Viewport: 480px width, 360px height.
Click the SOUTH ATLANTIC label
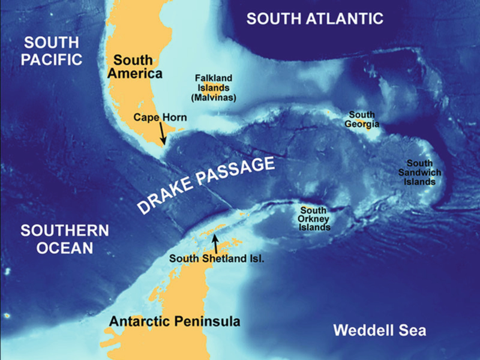click(315, 19)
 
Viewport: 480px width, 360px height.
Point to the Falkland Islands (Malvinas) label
click(214, 88)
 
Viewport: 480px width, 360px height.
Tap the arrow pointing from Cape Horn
click(162, 133)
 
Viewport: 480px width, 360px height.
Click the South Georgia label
click(362, 119)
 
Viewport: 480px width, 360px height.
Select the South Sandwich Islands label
click(424, 172)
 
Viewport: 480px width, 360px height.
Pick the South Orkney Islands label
click(315, 219)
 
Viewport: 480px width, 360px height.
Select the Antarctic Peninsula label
click(175, 322)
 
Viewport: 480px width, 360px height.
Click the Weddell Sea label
click(380, 331)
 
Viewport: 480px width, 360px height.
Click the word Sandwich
click(424, 172)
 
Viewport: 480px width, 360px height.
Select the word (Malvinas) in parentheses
click(214, 97)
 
